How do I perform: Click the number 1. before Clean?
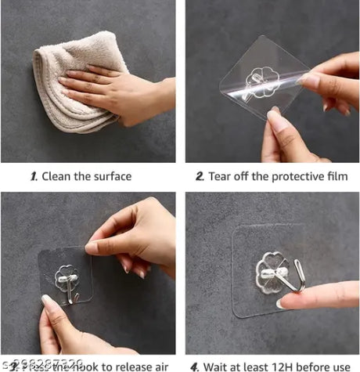(33, 176)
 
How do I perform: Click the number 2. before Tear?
(200, 176)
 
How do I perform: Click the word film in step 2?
(336, 176)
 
